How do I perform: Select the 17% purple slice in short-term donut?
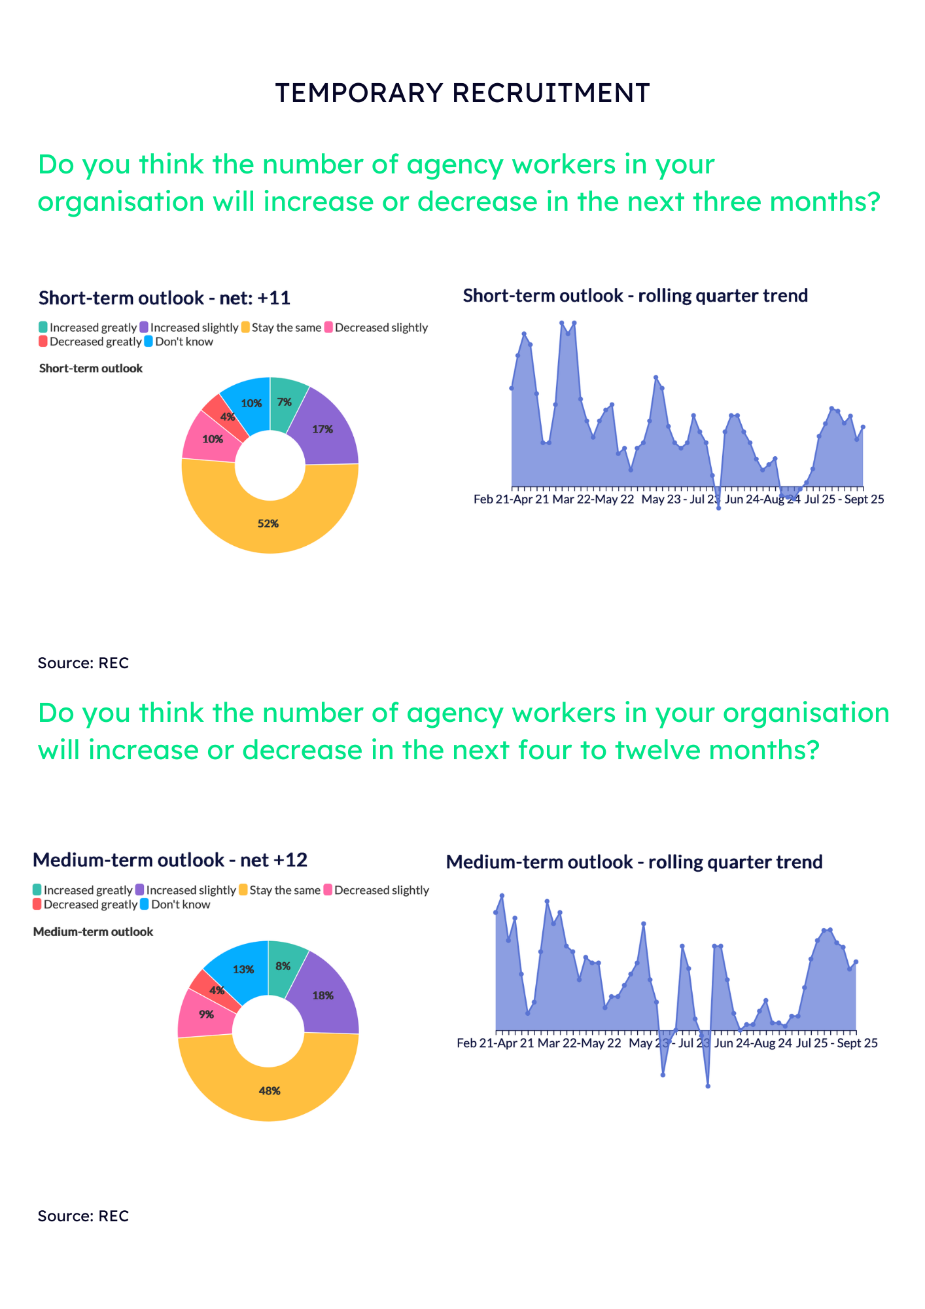[322, 429]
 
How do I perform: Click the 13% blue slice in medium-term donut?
[243, 970]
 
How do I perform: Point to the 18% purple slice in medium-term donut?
[323, 995]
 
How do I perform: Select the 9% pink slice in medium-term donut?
[205, 1014]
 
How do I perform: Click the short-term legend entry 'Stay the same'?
[282, 327]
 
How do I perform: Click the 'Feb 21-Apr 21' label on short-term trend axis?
[512, 499]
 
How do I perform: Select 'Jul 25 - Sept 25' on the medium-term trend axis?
[837, 1043]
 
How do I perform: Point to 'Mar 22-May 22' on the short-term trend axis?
[593, 499]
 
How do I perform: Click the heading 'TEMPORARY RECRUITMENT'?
[462, 93]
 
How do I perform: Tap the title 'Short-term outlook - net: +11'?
[164, 298]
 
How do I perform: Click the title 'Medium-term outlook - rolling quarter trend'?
[634, 862]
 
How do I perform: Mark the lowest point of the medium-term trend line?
[708, 1086]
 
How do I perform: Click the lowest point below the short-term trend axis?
[718, 508]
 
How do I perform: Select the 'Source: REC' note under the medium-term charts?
[83, 1216]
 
